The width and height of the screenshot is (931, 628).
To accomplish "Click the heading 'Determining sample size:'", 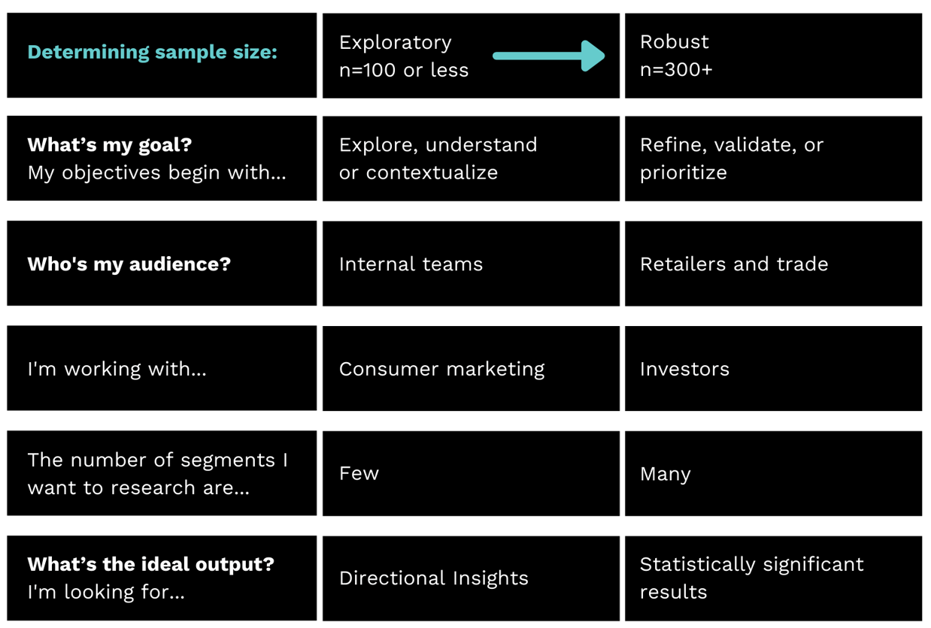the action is coord(152,53).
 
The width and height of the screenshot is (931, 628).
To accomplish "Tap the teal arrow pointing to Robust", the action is coord(548,56).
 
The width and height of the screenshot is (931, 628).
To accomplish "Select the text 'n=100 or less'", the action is coord(403,70).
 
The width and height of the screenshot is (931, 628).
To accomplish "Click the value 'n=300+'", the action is coord(675,70).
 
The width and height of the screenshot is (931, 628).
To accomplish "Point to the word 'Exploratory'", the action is coord(395,42).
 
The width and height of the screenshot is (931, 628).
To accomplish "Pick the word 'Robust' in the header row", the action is coord(674,41).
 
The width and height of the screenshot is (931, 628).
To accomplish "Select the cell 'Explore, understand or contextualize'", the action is coord(438,158).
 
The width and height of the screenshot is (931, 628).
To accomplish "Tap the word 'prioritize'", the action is coord(683,172).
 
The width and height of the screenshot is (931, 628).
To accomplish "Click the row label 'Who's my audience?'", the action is coord(129,264).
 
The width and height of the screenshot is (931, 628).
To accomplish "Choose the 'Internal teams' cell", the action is coord(411,264).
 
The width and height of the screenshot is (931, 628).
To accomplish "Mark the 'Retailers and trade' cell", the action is coord(733,264).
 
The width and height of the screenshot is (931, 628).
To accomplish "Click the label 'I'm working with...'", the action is coord(117,369).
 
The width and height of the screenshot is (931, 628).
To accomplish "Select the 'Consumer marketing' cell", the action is coord(441,369).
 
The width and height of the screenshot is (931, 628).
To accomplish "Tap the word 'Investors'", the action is coord(684,369).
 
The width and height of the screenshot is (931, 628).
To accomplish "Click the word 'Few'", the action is coord(359,473).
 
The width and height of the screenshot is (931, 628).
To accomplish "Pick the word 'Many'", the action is coord(665,474).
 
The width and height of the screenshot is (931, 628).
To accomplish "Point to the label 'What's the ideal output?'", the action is coord(150,563).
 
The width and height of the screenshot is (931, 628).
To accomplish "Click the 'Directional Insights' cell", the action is coord(433,578).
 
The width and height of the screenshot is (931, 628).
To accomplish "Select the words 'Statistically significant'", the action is coord(751,564).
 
